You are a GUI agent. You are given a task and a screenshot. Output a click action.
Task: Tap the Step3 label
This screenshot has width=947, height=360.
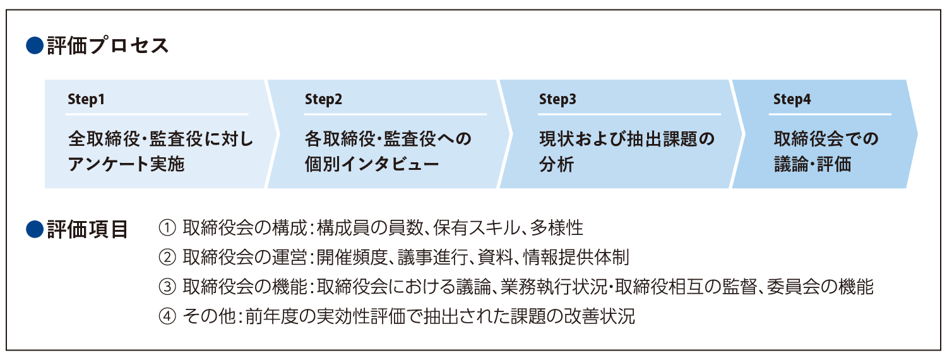click(557, 99)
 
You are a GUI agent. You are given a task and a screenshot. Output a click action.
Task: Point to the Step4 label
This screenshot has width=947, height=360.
click(792, 99)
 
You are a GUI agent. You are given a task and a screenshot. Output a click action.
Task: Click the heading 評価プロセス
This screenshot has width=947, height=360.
click(108, 46)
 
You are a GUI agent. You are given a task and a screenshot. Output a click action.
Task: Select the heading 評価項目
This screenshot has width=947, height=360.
click(88, 229)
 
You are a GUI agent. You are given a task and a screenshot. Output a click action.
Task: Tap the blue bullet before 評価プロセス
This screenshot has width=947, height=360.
click(34, 46)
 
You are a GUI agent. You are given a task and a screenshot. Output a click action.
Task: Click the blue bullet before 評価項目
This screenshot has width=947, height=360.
click(34, 229)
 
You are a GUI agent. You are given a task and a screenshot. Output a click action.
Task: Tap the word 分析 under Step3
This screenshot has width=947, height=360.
click(556, 164)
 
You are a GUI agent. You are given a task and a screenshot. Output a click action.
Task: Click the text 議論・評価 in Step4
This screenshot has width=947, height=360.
click(813, 164)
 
